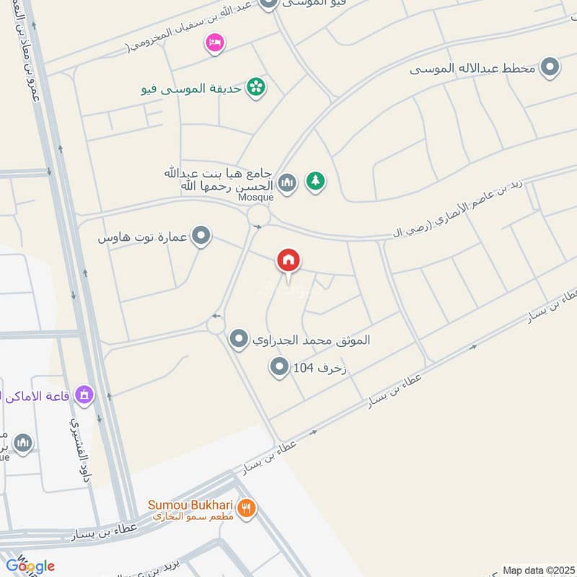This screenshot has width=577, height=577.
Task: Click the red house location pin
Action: click(288, 261)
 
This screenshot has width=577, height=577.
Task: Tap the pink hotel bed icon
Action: click(214, 43)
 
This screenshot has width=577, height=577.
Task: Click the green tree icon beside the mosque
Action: click(314, 182)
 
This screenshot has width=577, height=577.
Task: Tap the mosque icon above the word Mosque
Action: click(287, 183)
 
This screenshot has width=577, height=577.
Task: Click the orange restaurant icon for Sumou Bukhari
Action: click(247, 508)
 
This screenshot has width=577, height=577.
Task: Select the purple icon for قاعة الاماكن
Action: click(85, 395)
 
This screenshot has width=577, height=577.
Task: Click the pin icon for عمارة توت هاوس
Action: click(202, 236)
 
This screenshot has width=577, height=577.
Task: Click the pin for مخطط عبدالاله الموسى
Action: click(550, 69)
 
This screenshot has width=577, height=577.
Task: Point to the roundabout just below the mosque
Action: click(258, 215)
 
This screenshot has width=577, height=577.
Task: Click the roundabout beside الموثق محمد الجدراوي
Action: click(216, 325)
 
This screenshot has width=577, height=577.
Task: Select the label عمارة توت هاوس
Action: click(144, 237)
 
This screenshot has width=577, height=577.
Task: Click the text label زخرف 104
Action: click(320, 369)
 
